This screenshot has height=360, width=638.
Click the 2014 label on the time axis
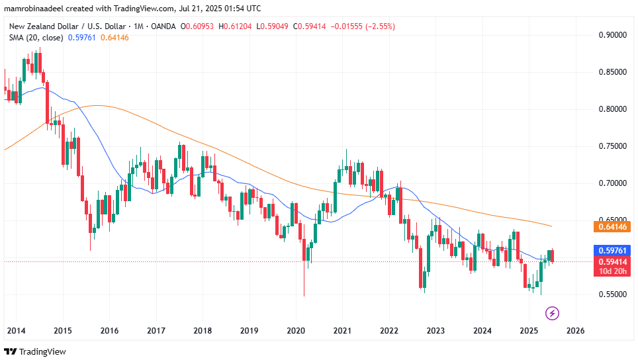coord(17,330)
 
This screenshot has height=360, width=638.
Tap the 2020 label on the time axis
coord(295,330)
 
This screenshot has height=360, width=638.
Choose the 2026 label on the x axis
coord(575,330)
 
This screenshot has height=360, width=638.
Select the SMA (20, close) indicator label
coord(36,38)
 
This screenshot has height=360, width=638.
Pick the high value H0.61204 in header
coord(246,26)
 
